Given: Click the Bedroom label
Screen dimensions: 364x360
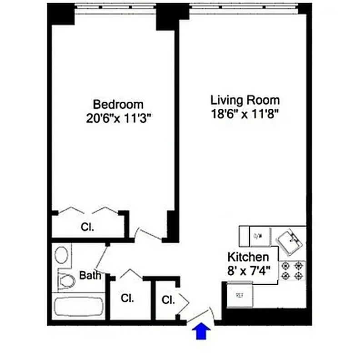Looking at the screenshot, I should [118, 104].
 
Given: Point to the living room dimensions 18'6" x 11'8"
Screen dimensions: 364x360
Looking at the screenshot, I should [245, 114].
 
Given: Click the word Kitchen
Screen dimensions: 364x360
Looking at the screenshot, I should [248, 256].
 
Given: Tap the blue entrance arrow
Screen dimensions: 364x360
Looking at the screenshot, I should [200, 332].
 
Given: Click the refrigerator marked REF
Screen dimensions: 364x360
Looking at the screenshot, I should [240, 294].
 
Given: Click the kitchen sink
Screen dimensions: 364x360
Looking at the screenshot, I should [289, 239].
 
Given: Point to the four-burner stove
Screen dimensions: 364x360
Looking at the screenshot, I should [292, 270].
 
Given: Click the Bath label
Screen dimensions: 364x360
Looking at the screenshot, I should [90, 275].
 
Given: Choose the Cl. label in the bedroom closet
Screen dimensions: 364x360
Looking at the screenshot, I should [87, 227].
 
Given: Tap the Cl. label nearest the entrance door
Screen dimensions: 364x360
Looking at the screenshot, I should [168, 300].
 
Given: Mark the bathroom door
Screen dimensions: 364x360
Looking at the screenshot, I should [101, 259].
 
